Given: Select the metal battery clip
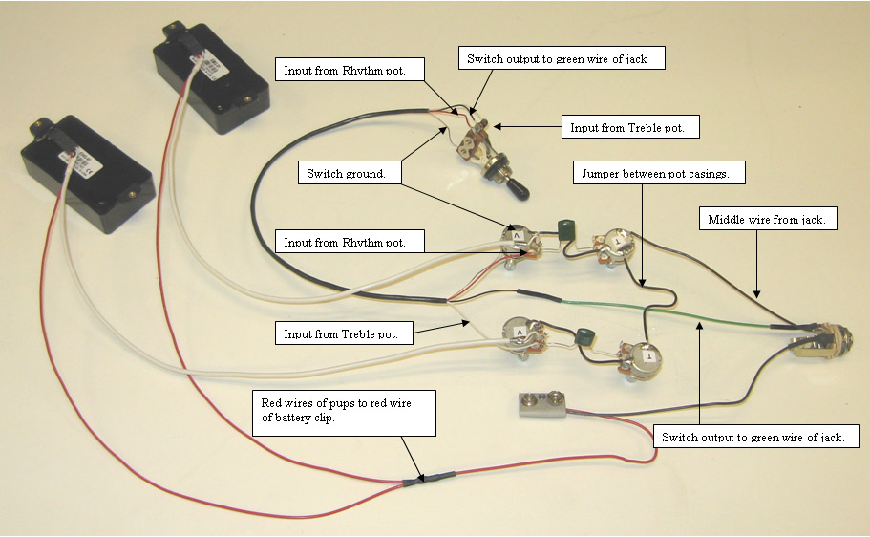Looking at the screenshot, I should click(541, 406).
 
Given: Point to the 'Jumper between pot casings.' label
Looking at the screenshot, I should click(657, 174).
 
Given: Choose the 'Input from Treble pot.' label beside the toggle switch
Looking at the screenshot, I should click(634, 126).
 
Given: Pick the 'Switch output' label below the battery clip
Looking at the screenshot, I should click(753, 438).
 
